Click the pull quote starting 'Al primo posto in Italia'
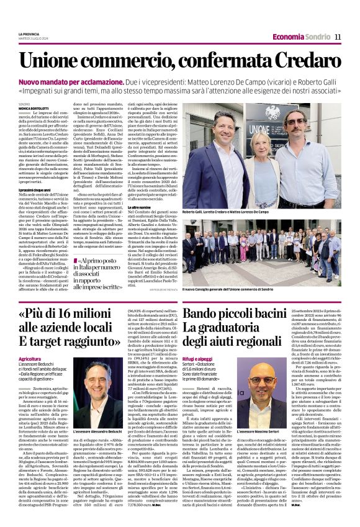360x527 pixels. [99, 274]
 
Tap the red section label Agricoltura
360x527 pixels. [30, 359]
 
